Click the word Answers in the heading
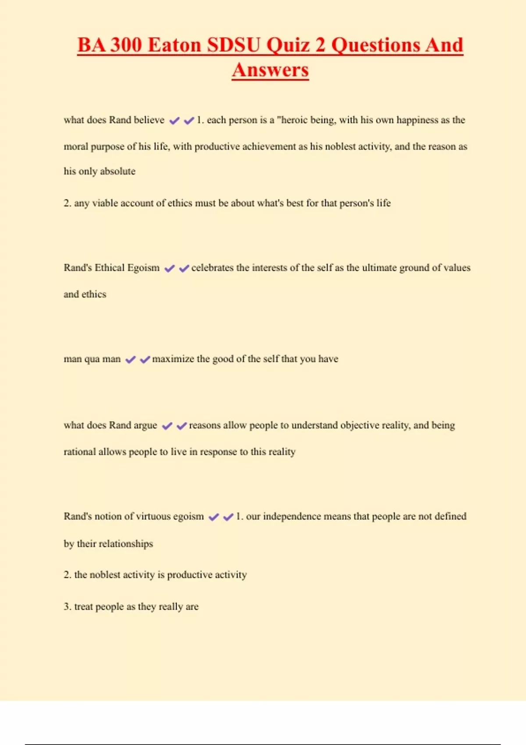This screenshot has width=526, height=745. (x=270, y=70)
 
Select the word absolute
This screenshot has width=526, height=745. (x=117, y=171)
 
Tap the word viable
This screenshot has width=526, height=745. (x=105, y=203)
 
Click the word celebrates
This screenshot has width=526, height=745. (x=212, y=268)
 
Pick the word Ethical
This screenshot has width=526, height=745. (x=109, y=268)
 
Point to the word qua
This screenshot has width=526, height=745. (x=92, y=359)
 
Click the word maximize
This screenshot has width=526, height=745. (x=173, y=359)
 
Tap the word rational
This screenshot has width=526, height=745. (x=79, y=452)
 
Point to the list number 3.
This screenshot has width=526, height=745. (x=67, y=607)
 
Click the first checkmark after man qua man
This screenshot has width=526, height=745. (x=130, y=360)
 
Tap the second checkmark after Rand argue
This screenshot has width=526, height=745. (x=181, y=426)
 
